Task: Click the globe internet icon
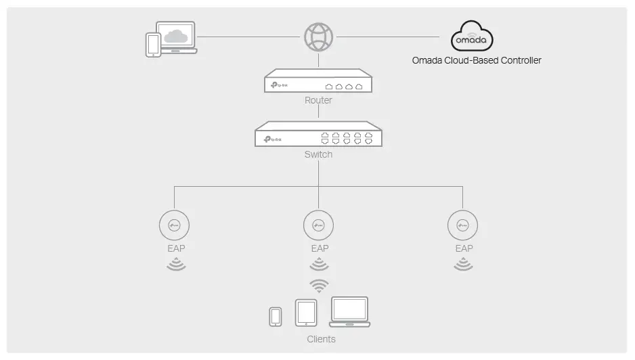(x=318, y=37)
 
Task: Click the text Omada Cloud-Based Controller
(x=477, y=60)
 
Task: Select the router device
(x=318, y=82)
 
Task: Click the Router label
(x=318, y=100)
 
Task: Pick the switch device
(x=318, y=135)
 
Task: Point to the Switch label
(x=318, y=154)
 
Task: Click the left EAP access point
(x=175, y=225)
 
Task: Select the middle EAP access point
(x=319, y=225)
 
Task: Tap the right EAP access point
(x=463, y=225)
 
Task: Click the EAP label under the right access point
(x=464, y=248)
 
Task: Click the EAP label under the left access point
(x=176, y=248)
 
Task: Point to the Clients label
(x=321, y=339)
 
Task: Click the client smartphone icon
(x=276, y=317)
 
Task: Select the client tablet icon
(x=306, y=313)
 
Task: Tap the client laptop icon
(x=349, y=312)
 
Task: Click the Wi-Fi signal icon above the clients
(x=319, y=284)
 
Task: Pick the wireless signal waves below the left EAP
(x=175, y=263)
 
